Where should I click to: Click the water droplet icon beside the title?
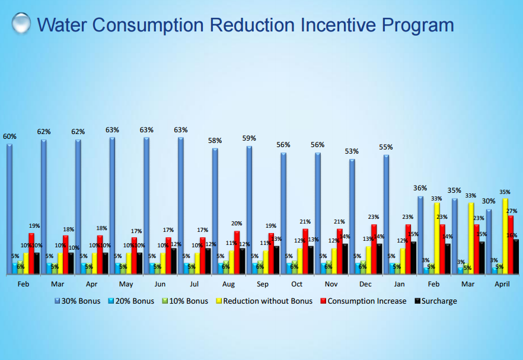21,24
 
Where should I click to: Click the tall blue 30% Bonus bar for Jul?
180,205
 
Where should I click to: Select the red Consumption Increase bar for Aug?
237,252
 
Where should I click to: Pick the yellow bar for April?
505,235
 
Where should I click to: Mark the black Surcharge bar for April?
516,256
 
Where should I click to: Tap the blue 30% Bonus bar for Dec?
352,216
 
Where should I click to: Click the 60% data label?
9,136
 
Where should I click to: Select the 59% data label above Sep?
249,138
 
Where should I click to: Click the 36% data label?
420,189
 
